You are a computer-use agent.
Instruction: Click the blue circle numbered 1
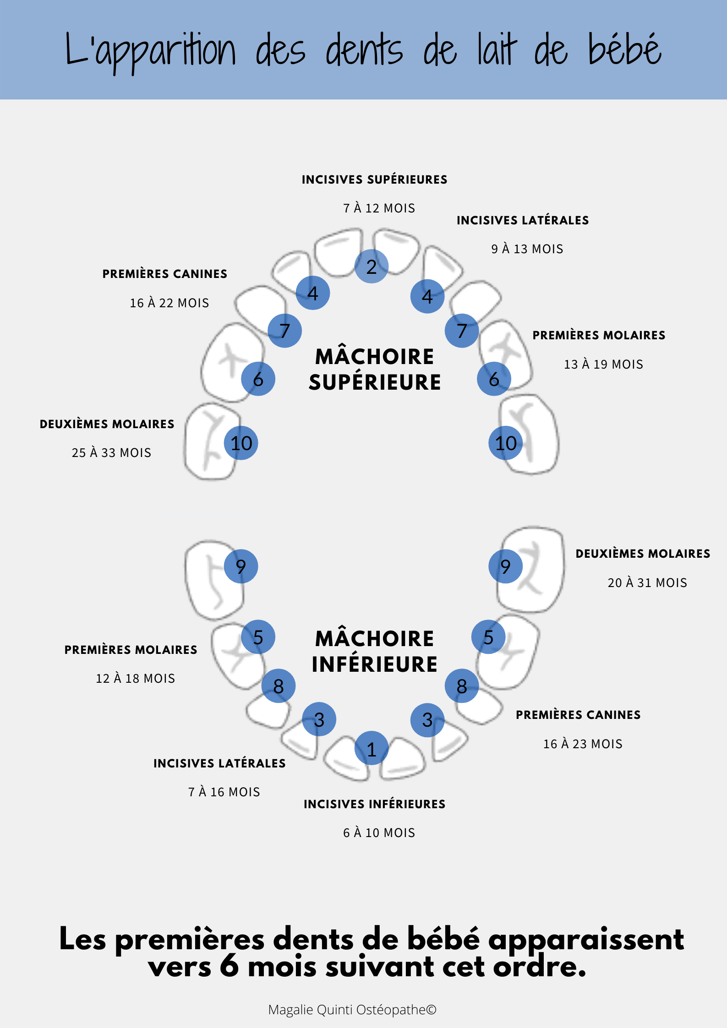click(372, 748)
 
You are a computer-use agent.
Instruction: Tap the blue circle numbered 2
click(372, 266)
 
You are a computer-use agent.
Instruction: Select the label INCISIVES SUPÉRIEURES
click(374, 179)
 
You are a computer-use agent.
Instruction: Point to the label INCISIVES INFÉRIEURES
click(374, 804)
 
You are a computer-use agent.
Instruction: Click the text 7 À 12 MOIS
click(379, 208)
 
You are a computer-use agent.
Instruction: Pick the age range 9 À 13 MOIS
click(527, 249)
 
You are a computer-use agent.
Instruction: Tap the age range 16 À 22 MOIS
click(169, 303)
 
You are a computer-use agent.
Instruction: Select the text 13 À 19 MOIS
click(603, 364)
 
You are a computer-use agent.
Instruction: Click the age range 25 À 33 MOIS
click(111, 453)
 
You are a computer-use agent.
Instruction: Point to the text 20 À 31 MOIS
click(647, 583)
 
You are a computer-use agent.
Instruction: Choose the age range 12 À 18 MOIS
click(135, 679)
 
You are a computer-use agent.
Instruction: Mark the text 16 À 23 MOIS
click(583, 744)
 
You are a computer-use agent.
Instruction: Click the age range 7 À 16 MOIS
click(224, 792)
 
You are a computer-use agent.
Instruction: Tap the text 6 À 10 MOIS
click(379, 833)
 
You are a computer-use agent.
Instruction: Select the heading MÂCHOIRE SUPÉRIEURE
click(374, 370)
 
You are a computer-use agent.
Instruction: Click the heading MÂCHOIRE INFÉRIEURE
click(374, 651)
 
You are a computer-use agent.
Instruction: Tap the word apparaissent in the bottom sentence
click(586, 940)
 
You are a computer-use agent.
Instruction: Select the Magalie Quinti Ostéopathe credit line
click(352, 1010)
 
